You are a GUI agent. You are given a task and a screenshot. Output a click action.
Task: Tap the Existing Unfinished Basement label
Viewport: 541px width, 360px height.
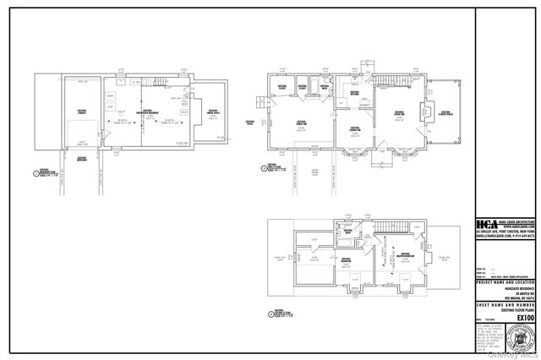point(148,112)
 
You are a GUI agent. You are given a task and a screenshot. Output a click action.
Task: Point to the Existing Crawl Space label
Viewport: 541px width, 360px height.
point(216,112)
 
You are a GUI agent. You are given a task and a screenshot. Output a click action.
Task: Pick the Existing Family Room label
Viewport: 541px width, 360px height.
point(300,123)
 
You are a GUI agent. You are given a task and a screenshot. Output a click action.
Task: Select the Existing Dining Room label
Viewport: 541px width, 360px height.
point(356,129)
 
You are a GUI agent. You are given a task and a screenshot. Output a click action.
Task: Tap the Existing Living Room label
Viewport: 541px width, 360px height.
point(401,112)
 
